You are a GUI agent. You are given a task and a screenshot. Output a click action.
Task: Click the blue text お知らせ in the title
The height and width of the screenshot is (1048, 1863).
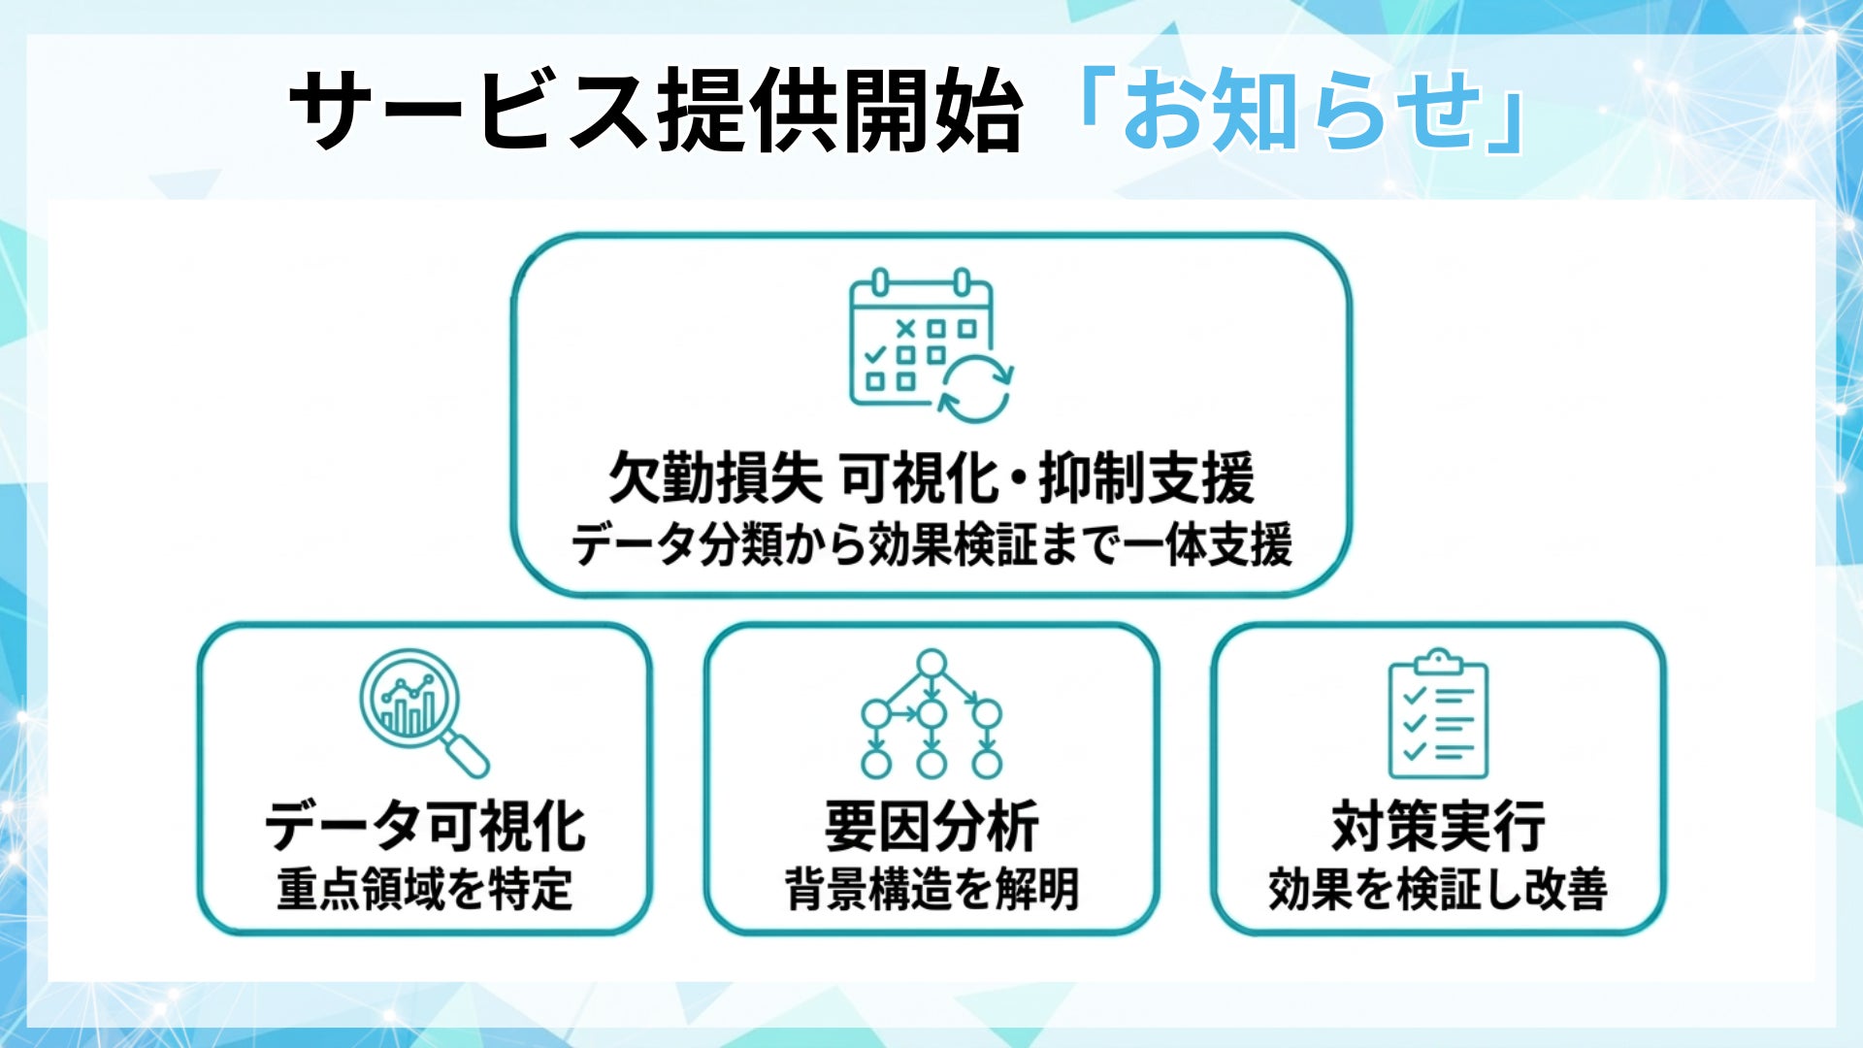pyautogui.click(x=1300, y=113)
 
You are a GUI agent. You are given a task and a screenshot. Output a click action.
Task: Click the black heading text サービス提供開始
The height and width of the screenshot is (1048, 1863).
pyautogui.click(x=656, y=113)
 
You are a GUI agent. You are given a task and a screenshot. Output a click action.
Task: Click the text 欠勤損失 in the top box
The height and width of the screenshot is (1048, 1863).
pyautogui.click(x=715, y=477)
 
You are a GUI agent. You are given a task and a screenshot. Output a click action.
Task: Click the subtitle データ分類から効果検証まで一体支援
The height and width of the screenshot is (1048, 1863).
pyautogui.click(x=931, y=544)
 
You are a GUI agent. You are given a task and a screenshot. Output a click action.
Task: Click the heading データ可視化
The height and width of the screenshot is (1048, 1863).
pyautogui.click(x=425, y=827)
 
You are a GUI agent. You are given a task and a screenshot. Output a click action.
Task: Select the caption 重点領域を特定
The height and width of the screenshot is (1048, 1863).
pyautogui.click(x=425, y=889)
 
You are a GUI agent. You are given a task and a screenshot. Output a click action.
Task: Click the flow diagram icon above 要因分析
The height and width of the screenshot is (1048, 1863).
pyautogui.click(x=931, y=713)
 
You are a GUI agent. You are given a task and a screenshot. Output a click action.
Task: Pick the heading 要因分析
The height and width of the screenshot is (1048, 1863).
pyautogui.click(x=931, y=827)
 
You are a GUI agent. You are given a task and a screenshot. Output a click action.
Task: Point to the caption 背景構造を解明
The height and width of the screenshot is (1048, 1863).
pyautogui.click(x=931, y=889)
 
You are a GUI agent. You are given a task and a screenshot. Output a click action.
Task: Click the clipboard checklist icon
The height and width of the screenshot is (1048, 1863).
pyautogui.click(x=1438, y=715)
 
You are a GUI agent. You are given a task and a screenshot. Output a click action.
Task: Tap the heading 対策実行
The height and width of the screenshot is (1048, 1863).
pyautogui.click(x=1438, y=827)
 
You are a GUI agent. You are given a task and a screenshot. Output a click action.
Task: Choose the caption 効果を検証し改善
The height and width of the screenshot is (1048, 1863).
pyautogui.click(x=1438, y=889)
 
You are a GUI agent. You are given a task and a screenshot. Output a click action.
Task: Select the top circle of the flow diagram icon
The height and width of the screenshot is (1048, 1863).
pyautogui.click(x=931, y=664)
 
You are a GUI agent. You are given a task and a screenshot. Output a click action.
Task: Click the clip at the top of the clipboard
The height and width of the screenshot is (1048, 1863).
pyautogui.click(x=1438, y=662)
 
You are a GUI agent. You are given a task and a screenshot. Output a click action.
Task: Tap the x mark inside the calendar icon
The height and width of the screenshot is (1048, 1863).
pyautogui.click(x=906, y=329)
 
